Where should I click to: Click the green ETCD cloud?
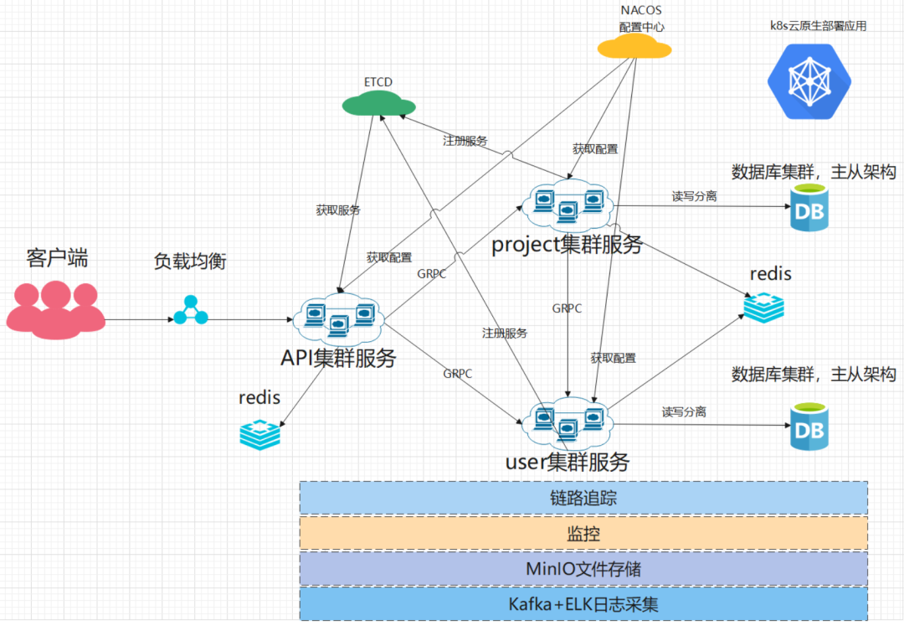[378, 104]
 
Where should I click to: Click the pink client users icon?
[56, 308]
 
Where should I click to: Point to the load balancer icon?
[190, 310]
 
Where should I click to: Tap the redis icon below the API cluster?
[260, 432]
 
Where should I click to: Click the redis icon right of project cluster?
[763, 308]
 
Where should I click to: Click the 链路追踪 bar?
[583, 498]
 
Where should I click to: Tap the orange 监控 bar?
[583, 533]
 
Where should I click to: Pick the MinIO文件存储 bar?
[583, 568]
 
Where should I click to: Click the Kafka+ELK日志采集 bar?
[583, 603]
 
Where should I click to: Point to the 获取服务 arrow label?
[338, 210]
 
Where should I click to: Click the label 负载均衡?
[190, 261]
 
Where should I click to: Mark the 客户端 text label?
[56, 258]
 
